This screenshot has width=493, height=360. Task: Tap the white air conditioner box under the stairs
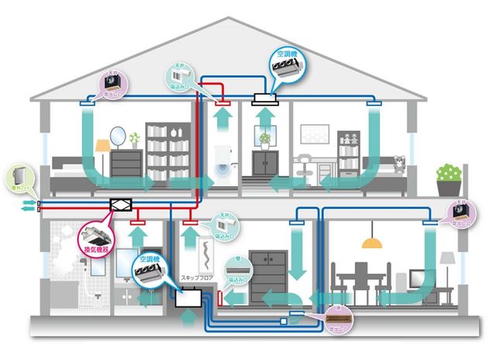pyautogui.click(x=188, y=299)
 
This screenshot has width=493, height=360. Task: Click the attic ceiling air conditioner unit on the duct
pyautogui.click(x=267, y=99)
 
